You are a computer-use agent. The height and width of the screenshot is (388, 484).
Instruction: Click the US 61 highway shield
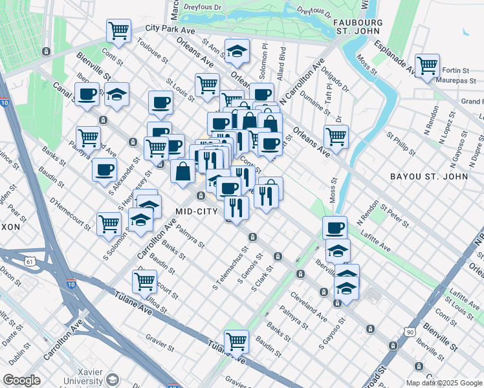pyautogui.click(x=28, y=261)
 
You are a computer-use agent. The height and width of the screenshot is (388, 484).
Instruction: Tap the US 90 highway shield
pyautogui.click(x=409, y=332)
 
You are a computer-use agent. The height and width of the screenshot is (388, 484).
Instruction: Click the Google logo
pyautogui.click(x=22, y=380)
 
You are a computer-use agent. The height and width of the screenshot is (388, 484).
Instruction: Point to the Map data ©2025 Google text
pyautogui.click(x=443, y=383)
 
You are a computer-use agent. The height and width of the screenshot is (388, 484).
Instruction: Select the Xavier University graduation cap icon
pyautogui.click(x=113, y=380)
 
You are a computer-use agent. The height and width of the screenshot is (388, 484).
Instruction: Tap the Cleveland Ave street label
pyautogui.click(x=309, y=308)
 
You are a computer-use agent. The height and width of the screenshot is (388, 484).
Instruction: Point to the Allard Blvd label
pyautogui.click(x=281, y=62)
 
